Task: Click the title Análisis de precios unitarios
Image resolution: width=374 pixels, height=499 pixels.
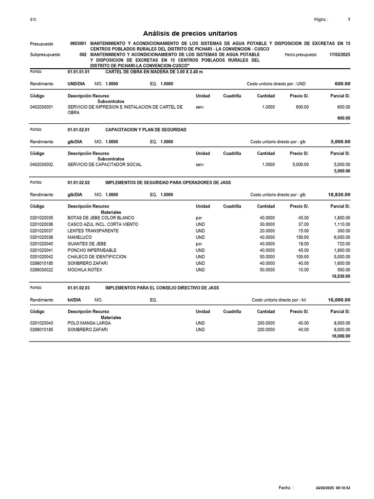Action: tap(190, 34)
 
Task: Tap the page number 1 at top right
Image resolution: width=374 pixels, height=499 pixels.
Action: tap(349, 19)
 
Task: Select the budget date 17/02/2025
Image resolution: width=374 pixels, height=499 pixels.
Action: tap(339, 55)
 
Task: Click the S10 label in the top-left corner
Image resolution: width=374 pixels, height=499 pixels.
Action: tap(33, 19)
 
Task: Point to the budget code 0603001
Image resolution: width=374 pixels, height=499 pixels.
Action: tap(78, 44)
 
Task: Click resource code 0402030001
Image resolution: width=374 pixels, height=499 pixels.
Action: tap(41, 107)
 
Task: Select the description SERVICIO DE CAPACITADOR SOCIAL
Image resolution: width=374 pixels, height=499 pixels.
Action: tap(105, 165)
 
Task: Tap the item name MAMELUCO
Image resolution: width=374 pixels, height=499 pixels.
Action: tap(79, 237)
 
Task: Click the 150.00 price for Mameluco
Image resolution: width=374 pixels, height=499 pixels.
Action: tap(302, 237)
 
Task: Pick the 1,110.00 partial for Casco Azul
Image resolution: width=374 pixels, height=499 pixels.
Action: tap(341, 224)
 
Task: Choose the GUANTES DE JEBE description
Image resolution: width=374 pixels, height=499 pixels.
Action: tap(87, 244)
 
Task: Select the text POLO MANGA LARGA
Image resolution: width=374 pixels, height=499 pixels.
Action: tap(89, 323)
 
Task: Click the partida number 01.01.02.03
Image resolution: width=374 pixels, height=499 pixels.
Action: tap(78, 288)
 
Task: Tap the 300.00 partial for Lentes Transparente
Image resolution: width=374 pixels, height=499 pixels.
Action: tap(344, 230)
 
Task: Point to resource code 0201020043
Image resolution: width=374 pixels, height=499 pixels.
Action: tap(41, 323)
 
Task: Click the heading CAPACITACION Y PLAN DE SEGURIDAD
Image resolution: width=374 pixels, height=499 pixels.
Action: tap(146, 130)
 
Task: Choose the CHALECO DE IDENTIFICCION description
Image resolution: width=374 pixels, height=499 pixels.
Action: tap(97, 257)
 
